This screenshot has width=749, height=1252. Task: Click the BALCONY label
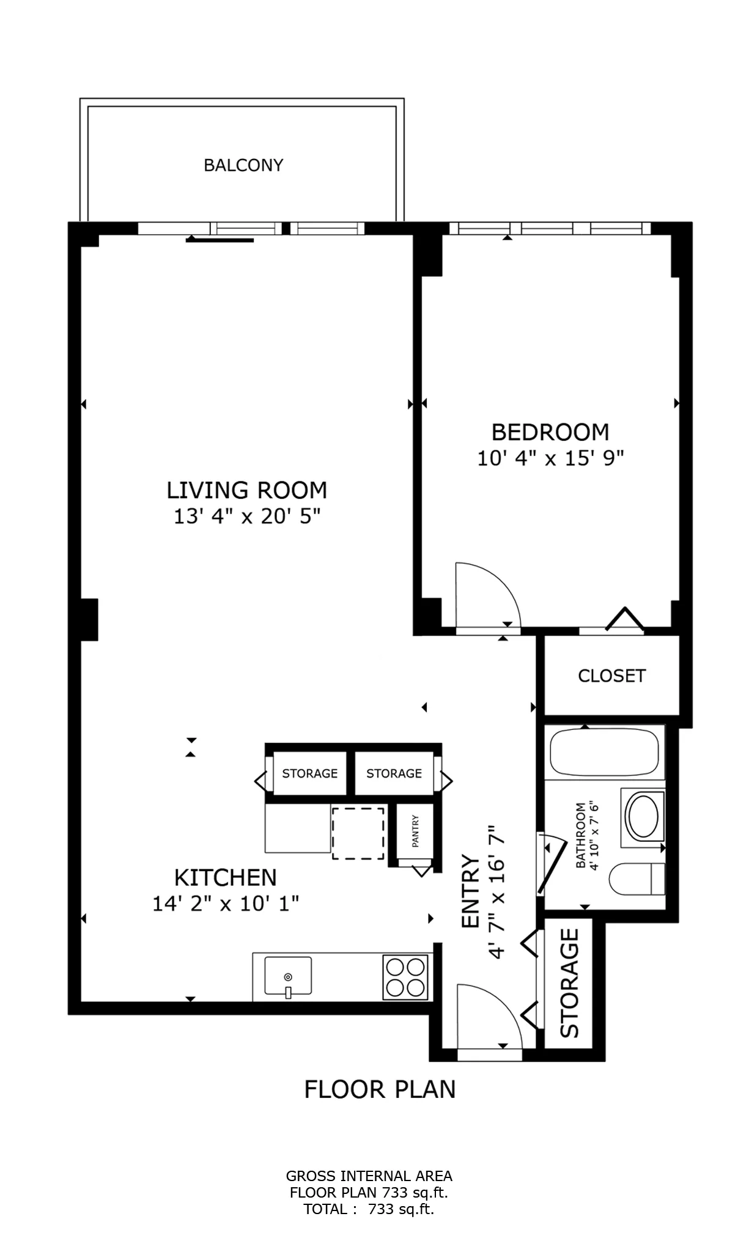(x=243, y=165)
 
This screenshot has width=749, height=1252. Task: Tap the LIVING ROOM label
(x=247, y=490)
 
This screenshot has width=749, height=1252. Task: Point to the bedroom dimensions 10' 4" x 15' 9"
(x=550, y=458)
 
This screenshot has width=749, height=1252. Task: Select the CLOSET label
(x=611, y=676)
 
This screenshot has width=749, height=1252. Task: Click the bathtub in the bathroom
(x=604, y=753)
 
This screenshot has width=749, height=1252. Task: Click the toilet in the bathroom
(x=636, y=878)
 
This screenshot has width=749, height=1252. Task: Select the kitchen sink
(x=288, y=976)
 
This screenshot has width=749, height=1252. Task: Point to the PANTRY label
(x=416, y=831)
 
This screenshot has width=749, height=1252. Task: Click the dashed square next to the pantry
(x=358, y=833)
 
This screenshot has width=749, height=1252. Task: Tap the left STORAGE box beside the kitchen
(x=309, y=773)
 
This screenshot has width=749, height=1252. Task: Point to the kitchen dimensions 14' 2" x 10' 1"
(x=226, y=904)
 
